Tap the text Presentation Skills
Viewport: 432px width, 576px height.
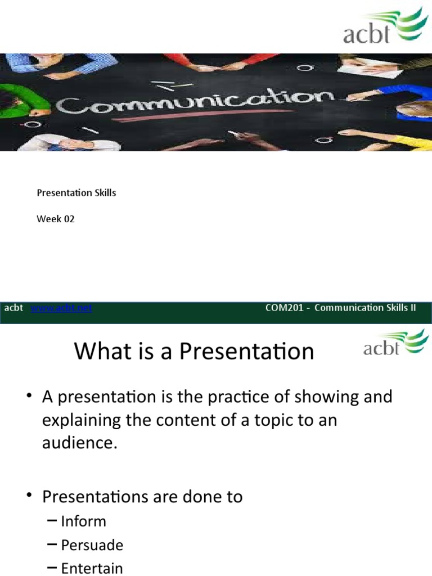pos(76,192)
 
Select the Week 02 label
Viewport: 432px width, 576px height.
pos(56,219)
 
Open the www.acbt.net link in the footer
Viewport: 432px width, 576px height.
pos(61,308)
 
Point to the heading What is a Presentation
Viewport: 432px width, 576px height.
pos(194,352)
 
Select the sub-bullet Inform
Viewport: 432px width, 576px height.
pos(83,521)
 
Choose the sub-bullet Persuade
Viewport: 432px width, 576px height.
pos(92,544)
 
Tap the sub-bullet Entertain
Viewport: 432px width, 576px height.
pos(92,568)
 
